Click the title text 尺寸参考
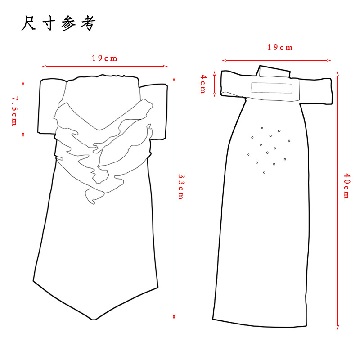(58, 24)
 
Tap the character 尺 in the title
(29, 24)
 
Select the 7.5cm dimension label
(14, 110)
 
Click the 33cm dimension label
(181, 187)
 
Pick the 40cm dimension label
(346, 185)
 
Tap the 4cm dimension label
(203, 84)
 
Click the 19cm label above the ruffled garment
(104, 58)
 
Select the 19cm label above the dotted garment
(280, 48)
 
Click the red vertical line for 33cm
(174, 198)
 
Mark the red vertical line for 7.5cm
(22, 109)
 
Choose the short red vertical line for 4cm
(215, 84)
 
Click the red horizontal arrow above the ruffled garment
(105, 67)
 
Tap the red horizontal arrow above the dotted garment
(277, 60)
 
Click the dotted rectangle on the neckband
(271, 87)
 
